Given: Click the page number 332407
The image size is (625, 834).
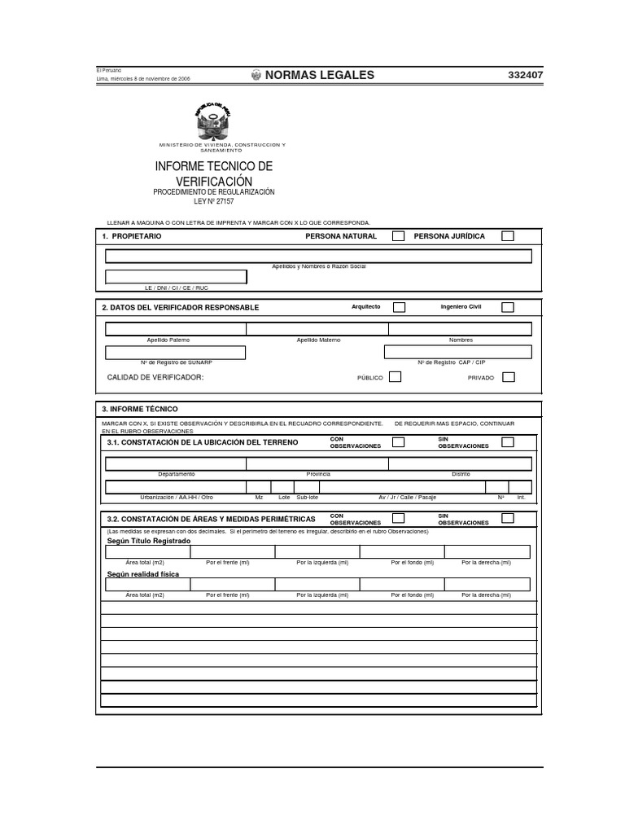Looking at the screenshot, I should [x=525, y=75].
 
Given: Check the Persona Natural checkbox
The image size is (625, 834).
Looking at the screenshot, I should [x=399, y=236].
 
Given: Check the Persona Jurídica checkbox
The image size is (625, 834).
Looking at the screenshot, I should [x=508, y=236].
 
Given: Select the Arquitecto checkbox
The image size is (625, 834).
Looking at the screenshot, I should [x=399, y=307].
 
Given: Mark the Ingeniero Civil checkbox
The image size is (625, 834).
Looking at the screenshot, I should [x=508, y=307].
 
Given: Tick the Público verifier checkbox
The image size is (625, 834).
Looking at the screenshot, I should [x=395, y=377].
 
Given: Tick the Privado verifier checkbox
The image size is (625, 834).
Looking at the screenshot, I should [x=508, y=377].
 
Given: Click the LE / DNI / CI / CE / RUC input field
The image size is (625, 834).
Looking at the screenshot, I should [x=176, y=277].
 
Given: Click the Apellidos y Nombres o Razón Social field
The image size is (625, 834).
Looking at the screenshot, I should [x=318, y=256].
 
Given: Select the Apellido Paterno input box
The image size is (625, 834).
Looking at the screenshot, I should [x=176, y=329].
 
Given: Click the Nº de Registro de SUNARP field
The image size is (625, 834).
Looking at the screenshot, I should [x=176, y=352].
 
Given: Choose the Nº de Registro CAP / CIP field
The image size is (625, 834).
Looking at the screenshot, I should [x=458, y=352].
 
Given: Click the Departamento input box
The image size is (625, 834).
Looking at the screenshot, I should [x=176, y=463].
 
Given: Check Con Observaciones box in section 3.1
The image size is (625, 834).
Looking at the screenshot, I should [x=399, y=442].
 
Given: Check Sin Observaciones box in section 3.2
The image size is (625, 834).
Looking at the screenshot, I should [x=508, y=518].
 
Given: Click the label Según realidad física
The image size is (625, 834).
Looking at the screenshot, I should [x=143, y=573].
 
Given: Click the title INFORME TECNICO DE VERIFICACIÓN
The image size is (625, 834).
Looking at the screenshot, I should [x=214, y=173].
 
